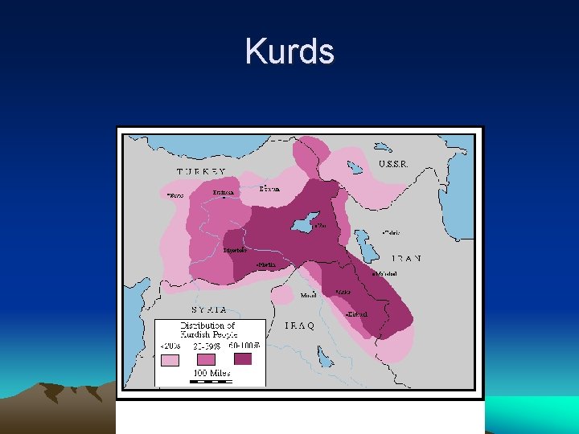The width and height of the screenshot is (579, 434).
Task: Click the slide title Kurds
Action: click(x=289, y=52)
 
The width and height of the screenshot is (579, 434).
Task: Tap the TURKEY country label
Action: click(x=201, y=172)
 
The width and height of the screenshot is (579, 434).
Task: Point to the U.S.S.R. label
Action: click(x=393, y=164)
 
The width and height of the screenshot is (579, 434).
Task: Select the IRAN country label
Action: click(x=408, y=259)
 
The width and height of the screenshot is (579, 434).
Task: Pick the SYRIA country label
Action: click(x=208, y=309)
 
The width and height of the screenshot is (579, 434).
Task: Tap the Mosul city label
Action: click(x=309, y=295)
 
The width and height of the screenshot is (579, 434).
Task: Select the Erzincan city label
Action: click(x=224, y=193)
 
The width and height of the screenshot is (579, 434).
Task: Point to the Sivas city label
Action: click(x=175, y=194)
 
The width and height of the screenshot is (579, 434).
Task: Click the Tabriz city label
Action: click(x=391, y=233)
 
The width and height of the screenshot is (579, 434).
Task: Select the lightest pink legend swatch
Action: click(x=170, y=360)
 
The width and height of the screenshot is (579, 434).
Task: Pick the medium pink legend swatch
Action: click(x=207, y=359)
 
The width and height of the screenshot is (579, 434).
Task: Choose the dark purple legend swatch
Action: click(x=243, y=358)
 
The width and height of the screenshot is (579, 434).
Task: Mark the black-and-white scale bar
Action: click(x=210, y=382)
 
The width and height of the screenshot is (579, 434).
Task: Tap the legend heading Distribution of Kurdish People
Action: click(x=207, y=330)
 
